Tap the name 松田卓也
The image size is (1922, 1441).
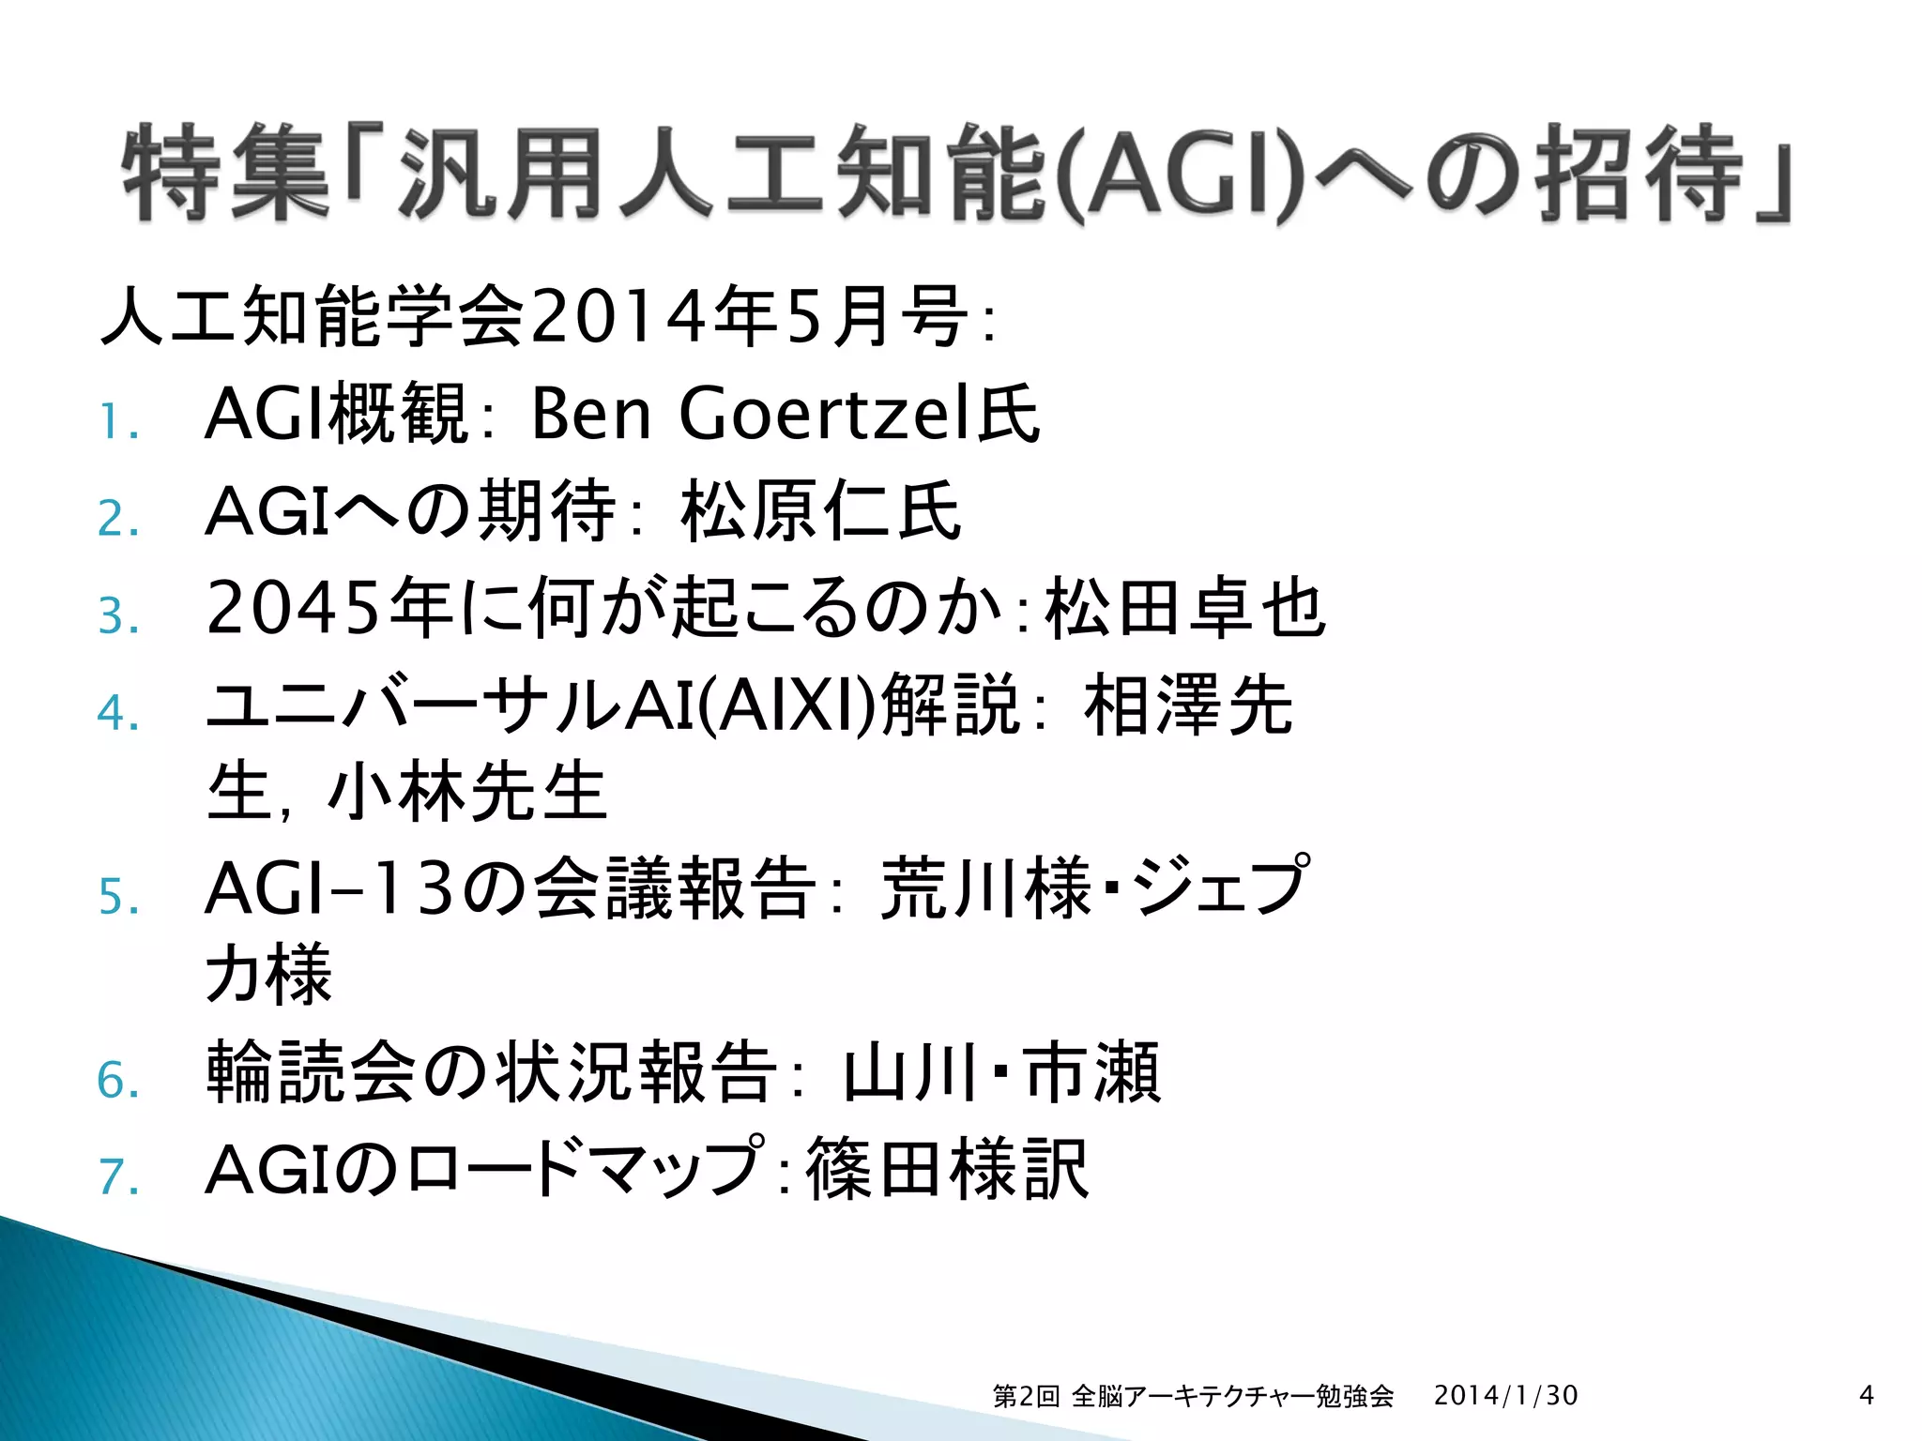pos(1184,608)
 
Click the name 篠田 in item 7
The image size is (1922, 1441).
pos(877,1169)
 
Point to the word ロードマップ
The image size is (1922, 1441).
pos(582,1169)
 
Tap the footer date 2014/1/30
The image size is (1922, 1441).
pos(1505,1395)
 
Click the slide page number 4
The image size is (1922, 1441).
pos(1866,1395)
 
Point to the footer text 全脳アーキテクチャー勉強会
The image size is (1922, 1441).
pos(1231,1396)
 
